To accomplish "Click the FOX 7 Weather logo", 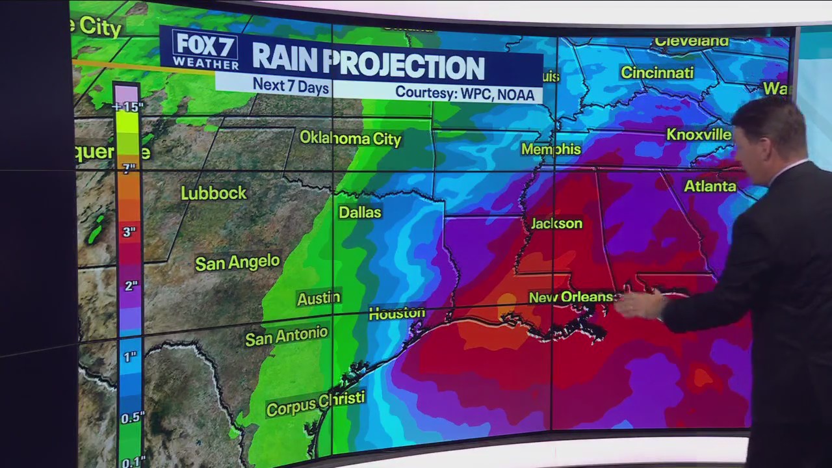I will click(x=205, y=50).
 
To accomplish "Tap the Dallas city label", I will click(x=360, y=213).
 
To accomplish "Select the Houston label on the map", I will click(x=396, y=313).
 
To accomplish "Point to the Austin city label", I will click(x=318, y=298).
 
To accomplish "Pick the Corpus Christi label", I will click(x=315, y=404).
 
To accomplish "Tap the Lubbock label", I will click(x=214, y=193).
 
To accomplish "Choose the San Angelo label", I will click(x=237, y=263).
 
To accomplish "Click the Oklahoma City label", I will click(x=350, y=138).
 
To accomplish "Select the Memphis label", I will click(x=551, y=149).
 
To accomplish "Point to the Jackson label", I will click(x=556, y=224).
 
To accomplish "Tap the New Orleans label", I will click(x=571, y=297).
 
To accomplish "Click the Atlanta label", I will click(x=710, y=187).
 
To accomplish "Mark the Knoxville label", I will click(x=699, y=135).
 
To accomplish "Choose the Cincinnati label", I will click(x=657, y=73).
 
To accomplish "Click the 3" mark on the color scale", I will click(x=130, y=231).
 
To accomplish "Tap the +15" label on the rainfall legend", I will click(x=127, y=107).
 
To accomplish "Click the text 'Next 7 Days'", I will click(x=291, y=85).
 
